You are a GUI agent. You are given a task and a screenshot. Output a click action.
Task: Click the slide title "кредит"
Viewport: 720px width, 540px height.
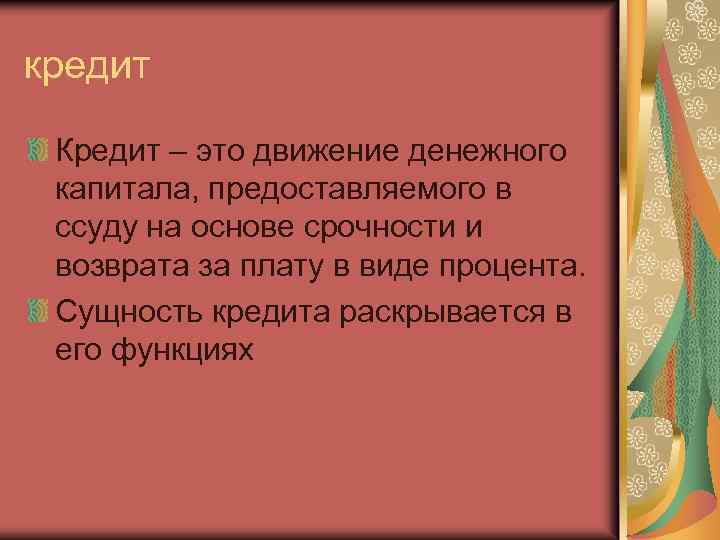click(87, 68)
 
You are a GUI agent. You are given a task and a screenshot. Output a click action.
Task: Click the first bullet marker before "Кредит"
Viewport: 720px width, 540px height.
click(37, 153)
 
